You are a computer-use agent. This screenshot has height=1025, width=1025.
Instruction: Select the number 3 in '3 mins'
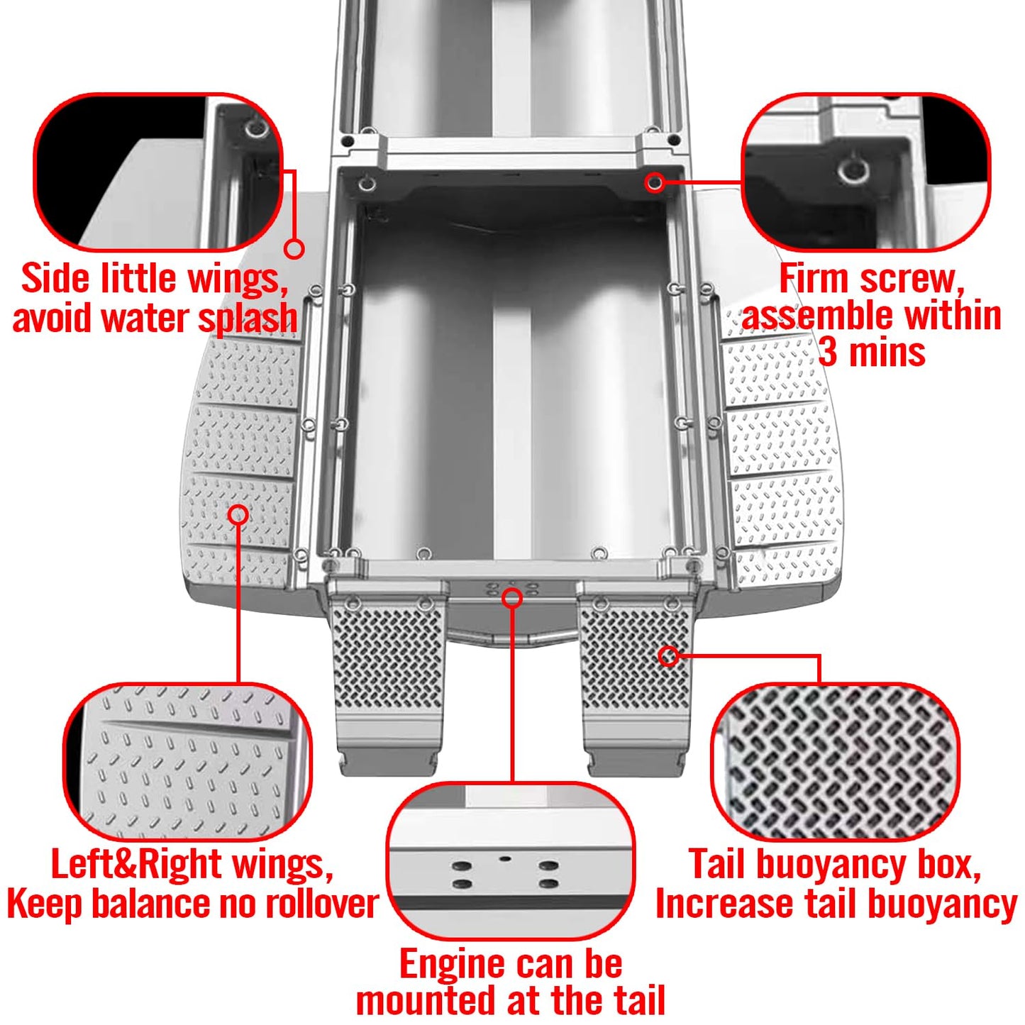[828, 351]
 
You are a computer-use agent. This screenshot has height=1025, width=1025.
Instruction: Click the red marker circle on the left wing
[238, 515]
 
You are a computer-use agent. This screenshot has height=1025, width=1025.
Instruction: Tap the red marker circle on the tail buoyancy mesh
[669, 656]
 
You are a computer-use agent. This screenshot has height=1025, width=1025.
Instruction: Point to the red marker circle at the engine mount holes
[512, 599]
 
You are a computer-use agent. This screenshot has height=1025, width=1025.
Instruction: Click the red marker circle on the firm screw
[654, 182]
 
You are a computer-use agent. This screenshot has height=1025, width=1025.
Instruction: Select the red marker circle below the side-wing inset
[294, 248]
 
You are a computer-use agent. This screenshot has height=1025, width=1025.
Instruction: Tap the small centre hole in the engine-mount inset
[506, 858]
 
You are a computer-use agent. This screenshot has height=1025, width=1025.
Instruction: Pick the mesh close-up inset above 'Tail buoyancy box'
[835, 762]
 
